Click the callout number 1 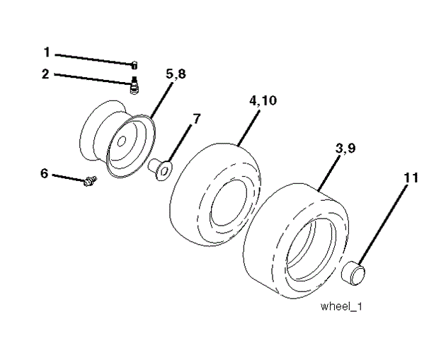(47, 52)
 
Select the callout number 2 (45, 73)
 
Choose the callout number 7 (196, 118)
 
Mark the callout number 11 (411, 178)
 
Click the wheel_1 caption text (342, 307)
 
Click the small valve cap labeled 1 (133, 65)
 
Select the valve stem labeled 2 (133, 86)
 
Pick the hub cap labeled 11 (355, 272)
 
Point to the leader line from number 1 (92, 58)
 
